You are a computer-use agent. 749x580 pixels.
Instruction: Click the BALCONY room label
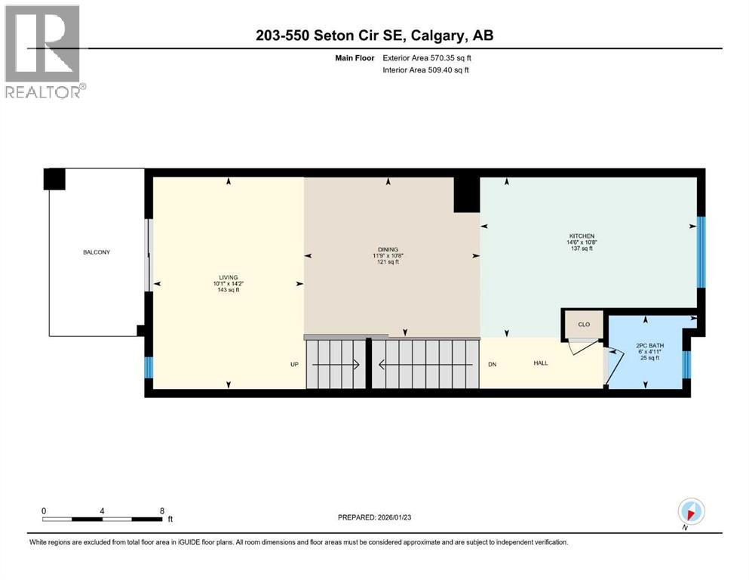(97, 252)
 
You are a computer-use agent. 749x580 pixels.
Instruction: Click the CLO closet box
(583, 324)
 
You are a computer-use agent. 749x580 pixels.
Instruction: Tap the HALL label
(541, 363)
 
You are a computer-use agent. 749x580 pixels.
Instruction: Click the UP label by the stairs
(296, 365)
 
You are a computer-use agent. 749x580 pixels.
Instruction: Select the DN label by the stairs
(492, 363)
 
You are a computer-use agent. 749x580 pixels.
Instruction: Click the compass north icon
(691, 511)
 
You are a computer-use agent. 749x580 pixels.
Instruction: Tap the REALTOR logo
(45, 52)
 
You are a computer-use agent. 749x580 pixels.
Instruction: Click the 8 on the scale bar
(161, 510)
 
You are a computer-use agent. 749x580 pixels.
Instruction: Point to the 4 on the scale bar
(102, 510)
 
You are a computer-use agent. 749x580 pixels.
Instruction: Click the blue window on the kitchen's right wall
(701, 251)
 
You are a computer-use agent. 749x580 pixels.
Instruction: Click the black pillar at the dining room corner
(467, 195)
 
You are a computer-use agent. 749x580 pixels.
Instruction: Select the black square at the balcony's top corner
(54, 179)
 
